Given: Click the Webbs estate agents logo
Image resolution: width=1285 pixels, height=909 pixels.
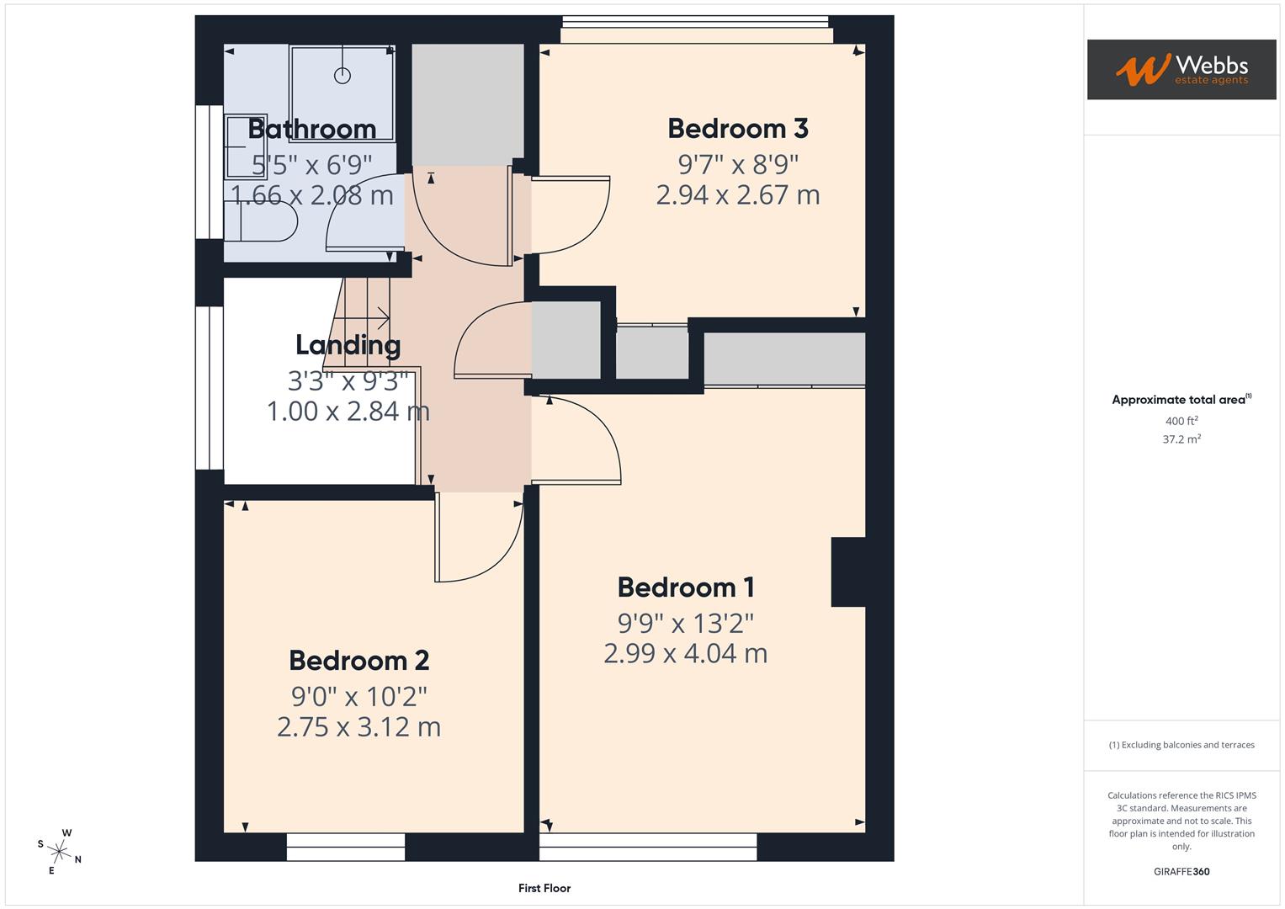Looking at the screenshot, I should coord(1181,70).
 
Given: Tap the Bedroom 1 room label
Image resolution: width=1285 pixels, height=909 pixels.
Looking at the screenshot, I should coord(685,587).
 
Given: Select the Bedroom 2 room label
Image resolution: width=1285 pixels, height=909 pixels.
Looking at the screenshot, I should coord(358,660).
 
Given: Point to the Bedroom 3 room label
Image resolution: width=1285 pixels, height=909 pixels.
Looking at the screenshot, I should coord(737,128).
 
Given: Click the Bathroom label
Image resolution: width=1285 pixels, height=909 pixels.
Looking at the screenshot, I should coord(311,129).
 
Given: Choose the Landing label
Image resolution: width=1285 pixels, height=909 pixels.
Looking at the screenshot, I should coord(348,344).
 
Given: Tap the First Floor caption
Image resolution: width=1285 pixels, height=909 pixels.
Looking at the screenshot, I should coord(544,888).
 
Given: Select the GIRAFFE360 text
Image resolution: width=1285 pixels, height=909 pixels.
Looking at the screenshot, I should coord(1181,871).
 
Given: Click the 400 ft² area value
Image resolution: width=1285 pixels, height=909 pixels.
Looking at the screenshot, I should coord(1181,421).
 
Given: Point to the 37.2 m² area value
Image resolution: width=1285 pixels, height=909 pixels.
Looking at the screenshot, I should coord(1181,439).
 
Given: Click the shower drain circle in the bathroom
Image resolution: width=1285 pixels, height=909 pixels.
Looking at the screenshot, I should coord(342,75).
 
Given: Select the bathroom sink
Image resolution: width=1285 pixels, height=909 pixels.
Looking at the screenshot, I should coord(245,146).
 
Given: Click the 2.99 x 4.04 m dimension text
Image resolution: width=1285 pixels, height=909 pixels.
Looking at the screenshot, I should coord(685,653).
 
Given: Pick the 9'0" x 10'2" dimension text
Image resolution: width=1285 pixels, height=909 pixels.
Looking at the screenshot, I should coord(358,697).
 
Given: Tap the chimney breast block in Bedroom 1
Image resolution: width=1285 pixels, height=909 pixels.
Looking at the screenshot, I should coord(847,571).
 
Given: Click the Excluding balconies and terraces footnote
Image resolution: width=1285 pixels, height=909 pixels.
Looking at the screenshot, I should coord(1181,745).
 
